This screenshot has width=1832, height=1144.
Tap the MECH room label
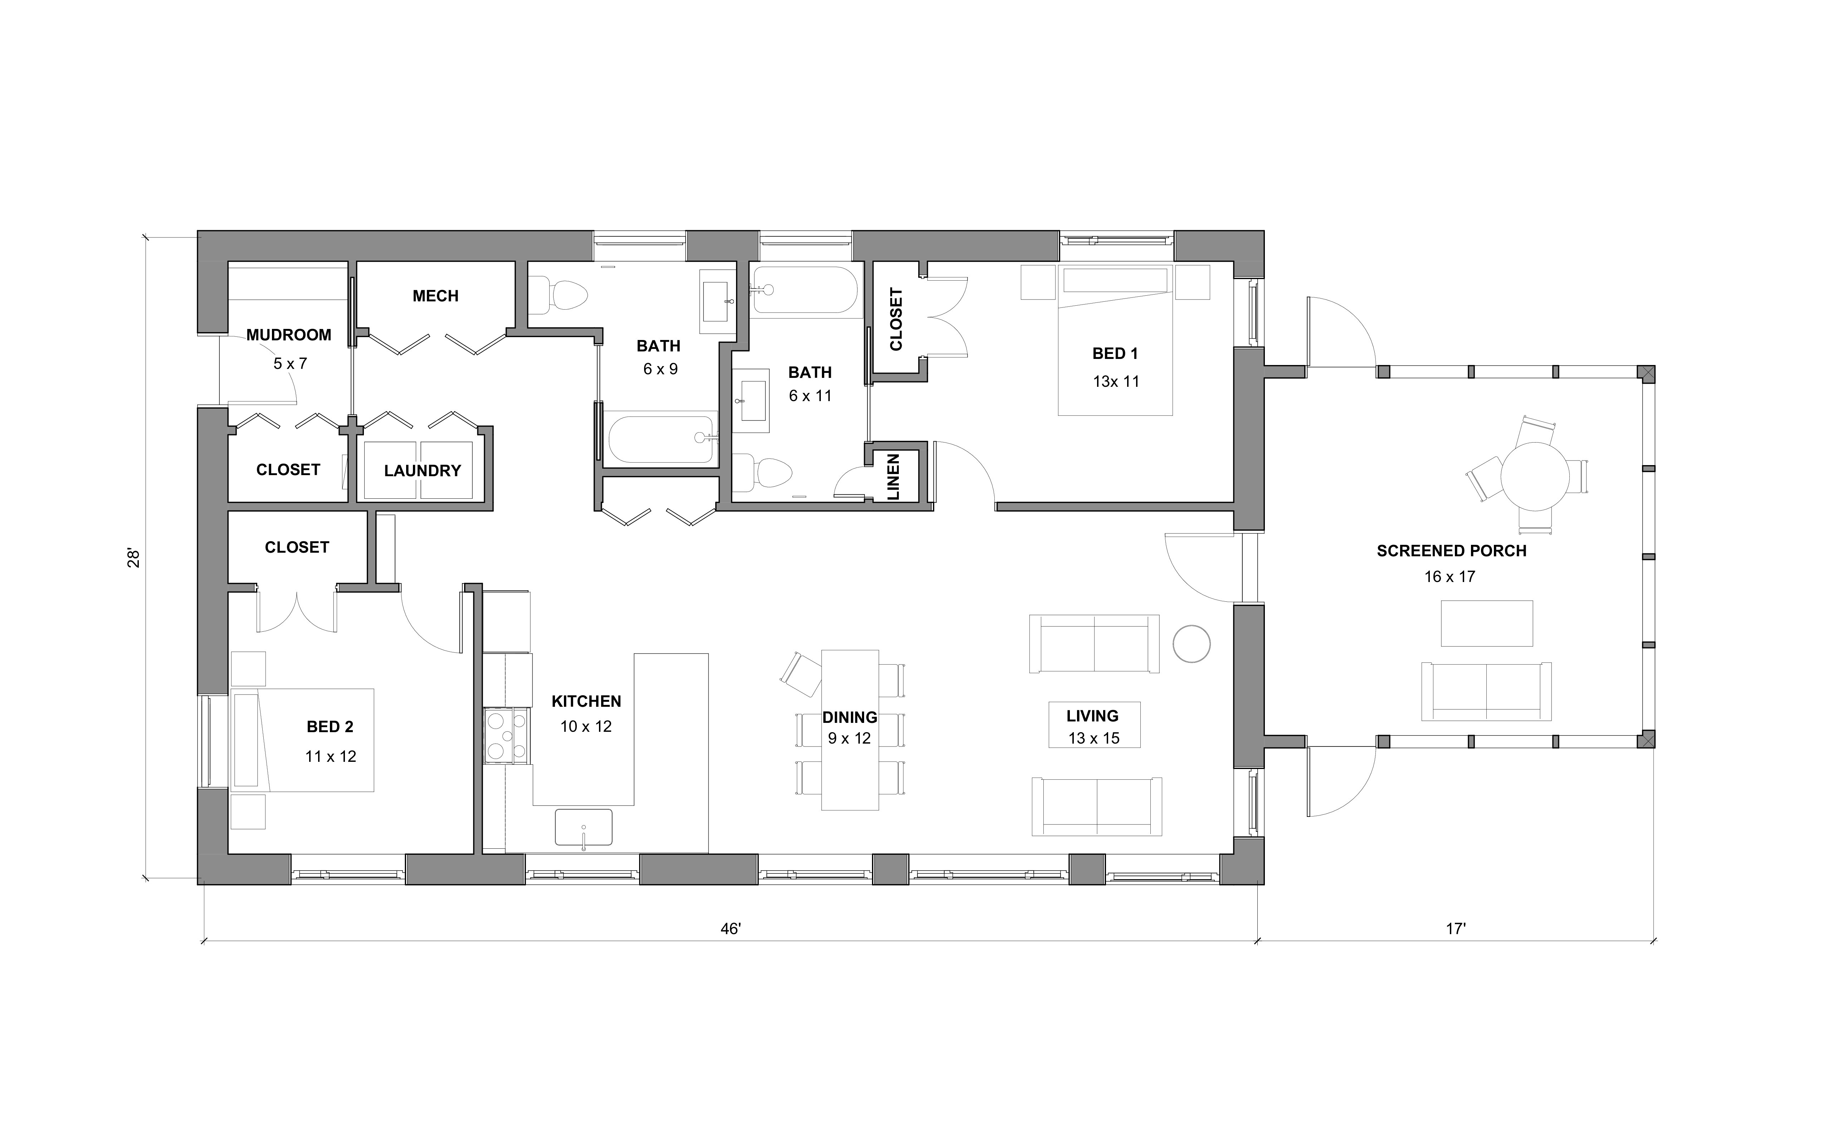pyautogui.click(x=435, y=296)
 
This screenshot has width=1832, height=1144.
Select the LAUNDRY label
pyautogui.click(x=422, y=470)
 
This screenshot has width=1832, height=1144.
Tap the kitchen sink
pyautogui.click(x=583, y=827)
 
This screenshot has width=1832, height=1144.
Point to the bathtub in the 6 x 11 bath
pyautogui.click(x=805, y=290)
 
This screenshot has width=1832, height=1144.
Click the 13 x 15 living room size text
pyautogui.click(x=1093, y=739)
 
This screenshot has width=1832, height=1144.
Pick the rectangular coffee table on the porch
pyautogui.click(x=1486, y=623)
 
